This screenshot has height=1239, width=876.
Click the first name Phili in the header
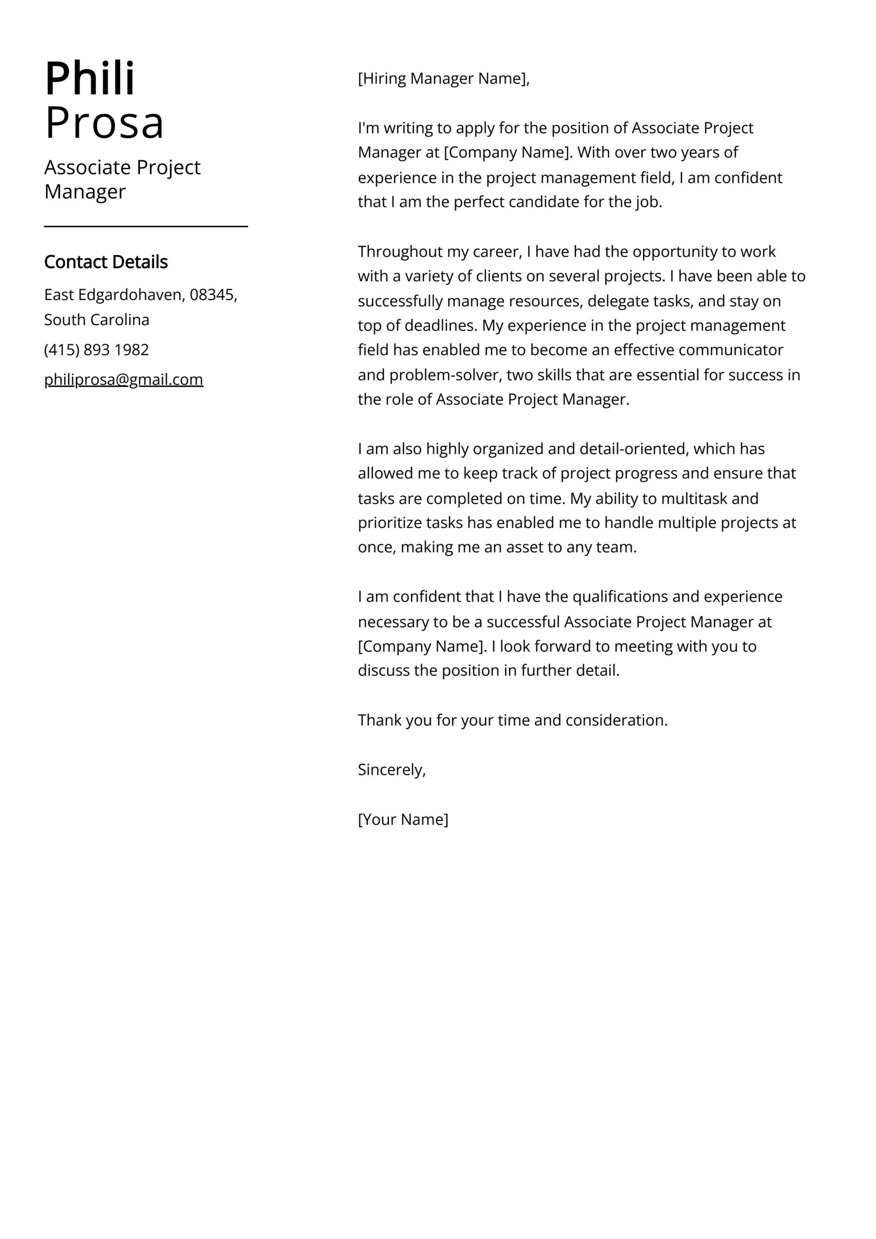tap(90, 79)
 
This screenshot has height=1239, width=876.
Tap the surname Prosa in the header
tap(104, 123)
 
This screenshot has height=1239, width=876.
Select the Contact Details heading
tap(106, 262)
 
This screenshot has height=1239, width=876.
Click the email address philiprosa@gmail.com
tap(123, 379)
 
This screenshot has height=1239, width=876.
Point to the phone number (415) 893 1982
tap(97, 350)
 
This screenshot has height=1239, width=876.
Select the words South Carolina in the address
tap(97, 319)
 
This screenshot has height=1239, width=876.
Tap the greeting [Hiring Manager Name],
tap(444, 79)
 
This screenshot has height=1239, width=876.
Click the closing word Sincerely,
tap(392, 770)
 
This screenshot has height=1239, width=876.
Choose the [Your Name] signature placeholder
tap(403, 819)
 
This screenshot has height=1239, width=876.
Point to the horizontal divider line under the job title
tap(146, 227)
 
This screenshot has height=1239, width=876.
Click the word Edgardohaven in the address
tap(132, 295)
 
